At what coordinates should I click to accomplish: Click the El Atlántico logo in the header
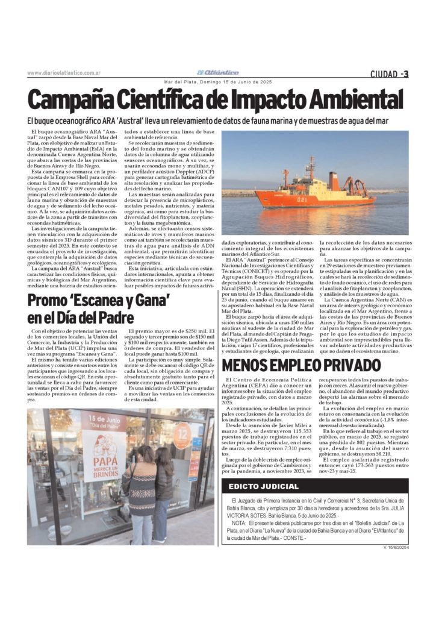pyautogui.click(x=221, y=72)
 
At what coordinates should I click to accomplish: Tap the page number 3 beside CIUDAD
pyautogui.click(x=406, y=74)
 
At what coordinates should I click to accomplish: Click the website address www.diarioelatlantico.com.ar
pyautogui.click(x=63, y=73)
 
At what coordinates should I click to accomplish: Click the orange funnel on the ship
pyautogui.click(x=332, y=180)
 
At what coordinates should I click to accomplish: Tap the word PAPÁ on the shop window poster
pyautogui.click(x=104, y=463)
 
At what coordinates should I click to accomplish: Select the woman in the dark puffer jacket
pyautogui.click(x=163, y=491)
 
